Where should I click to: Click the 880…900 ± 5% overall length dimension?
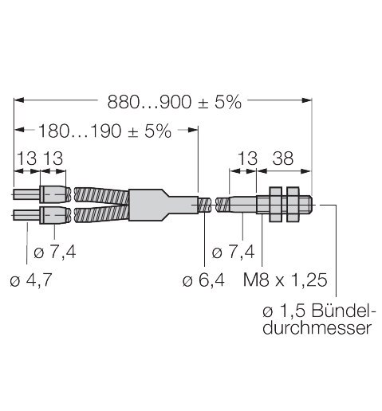175,102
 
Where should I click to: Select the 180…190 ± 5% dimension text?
104,131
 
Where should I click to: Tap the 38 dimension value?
283,159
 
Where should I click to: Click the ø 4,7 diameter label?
31,280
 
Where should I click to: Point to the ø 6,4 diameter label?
203,280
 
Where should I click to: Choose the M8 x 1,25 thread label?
286,280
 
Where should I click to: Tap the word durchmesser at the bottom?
317,328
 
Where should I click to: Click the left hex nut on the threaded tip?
275,204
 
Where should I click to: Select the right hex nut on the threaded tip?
293,204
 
